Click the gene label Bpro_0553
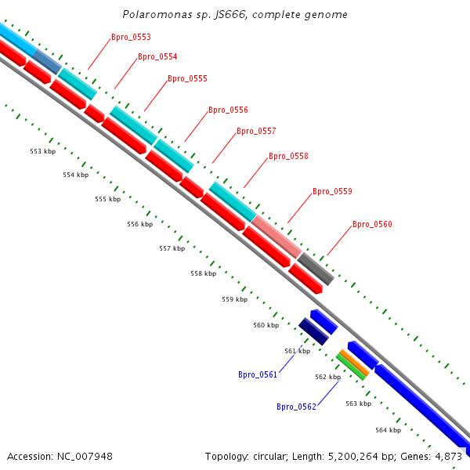coord(131,37)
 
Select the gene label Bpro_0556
coord(228,110)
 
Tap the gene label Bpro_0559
coord(332,191)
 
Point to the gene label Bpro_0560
coord(372,224)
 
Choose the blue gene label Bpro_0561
coord(258,374)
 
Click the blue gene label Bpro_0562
coord(296,407)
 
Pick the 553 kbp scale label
coord(43,151)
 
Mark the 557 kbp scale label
coord(172,248)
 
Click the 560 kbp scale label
coord(266,325)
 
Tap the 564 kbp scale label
coord(388,430)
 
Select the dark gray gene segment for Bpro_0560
coord(316,269)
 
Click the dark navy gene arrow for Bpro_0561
coord(313,331)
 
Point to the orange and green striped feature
coord(352,364)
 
